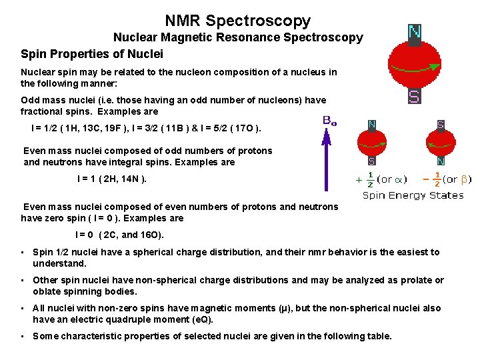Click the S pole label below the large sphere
[414, 97]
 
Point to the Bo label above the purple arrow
[329, 121]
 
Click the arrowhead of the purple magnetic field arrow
[327, 139]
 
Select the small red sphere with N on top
[372, 142]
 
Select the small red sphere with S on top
[441, 142]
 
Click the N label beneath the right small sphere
[441, 161]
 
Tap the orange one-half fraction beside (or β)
[437, 179]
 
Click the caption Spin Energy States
[413, 195]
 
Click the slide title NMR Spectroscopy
[238, 21]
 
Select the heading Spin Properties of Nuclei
[92, 53]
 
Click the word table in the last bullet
[378, 336]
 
